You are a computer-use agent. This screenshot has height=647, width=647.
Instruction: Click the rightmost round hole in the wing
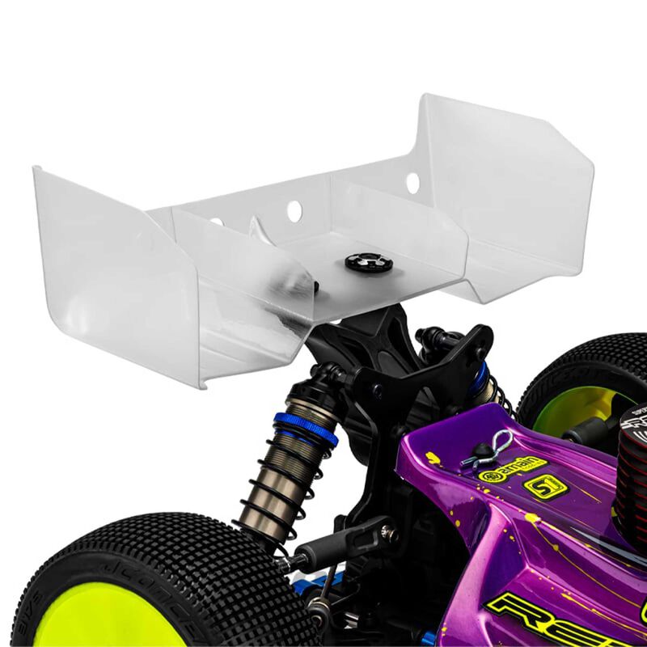coord(412,183)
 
